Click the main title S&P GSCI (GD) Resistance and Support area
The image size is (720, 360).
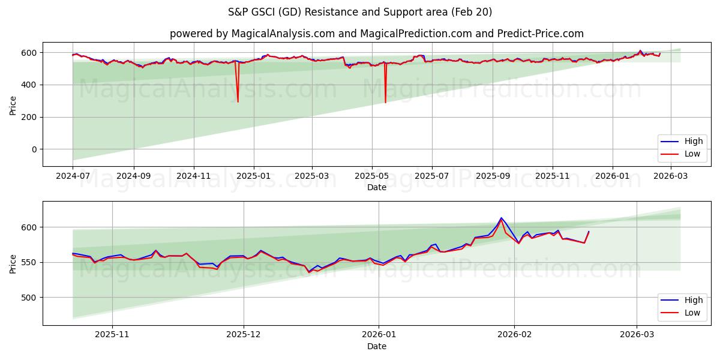[360, 12]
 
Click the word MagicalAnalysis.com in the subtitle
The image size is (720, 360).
[283, 34]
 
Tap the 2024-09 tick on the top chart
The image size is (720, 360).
[133, 176]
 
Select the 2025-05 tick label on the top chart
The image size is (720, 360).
[372, 176]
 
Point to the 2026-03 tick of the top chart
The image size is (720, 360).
[671, 176]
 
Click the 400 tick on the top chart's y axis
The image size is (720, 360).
[28, 85]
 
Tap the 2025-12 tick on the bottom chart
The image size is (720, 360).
[244, 335]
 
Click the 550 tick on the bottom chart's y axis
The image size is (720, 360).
[28, 262]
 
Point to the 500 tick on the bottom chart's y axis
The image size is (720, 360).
[28, 298]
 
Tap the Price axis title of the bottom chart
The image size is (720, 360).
[13, 263]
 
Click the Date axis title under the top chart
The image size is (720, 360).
[377, 187]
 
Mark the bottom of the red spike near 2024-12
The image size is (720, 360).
[238, 101]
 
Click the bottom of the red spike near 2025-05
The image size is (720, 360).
[385, 102]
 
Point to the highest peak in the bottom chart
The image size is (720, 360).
[502, 218]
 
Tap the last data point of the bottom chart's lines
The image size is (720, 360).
[589, 232]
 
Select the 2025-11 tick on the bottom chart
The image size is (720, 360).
[112, 335]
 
